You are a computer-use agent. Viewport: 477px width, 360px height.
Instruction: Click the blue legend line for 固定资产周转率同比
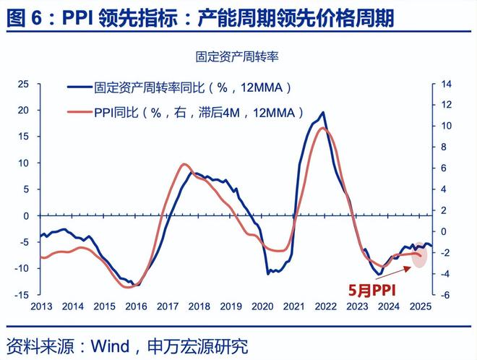coord(79,88)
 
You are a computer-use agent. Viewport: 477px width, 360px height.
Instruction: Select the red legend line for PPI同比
coord(79,112)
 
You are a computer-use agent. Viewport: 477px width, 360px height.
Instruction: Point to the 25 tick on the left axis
coord(23,85)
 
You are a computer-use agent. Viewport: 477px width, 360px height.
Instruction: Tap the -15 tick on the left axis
coord(22,295)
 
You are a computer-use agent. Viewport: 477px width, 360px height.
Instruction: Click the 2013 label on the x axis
coord(40,307)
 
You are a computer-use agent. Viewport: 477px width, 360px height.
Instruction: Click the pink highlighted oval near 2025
coord(419,255)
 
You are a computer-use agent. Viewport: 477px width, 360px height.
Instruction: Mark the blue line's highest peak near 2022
coord(322,113)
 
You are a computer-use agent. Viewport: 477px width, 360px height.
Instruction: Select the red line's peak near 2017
coord(184,164)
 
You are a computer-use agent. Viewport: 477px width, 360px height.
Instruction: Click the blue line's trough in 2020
coord(268,273)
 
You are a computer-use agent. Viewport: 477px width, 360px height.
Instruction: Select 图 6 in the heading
coord(22,17)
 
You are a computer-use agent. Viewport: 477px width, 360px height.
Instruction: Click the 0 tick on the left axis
coord(26,216)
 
